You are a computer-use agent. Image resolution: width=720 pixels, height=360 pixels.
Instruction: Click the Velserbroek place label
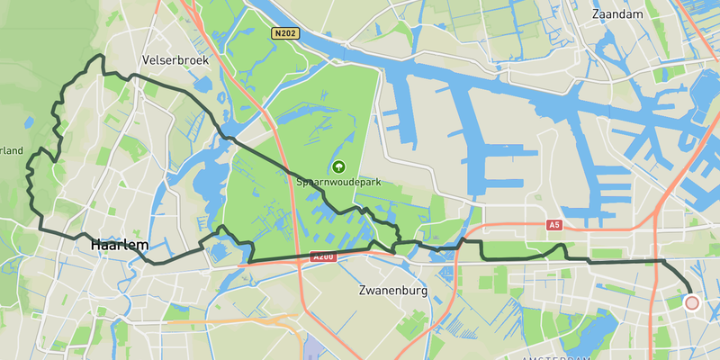pos(175,60)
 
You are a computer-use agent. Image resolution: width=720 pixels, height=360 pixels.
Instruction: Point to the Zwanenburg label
pos(391,292)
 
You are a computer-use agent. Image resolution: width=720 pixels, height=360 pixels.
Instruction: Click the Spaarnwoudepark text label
pos(338,182)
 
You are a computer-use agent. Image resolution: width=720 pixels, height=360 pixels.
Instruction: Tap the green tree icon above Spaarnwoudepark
pos(338,166)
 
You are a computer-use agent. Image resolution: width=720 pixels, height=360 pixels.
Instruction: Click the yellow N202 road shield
pos(284,33)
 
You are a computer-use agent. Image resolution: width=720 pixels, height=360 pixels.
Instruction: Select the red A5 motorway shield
pos(553,225)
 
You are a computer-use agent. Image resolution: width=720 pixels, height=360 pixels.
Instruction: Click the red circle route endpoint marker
pos(691,303)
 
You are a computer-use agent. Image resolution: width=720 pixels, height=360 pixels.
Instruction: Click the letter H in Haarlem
pos(96,244)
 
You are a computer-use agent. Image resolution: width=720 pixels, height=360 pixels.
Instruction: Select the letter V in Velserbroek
pos(147,60)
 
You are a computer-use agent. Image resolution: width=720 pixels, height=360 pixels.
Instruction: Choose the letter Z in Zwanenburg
pos(362,292)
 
